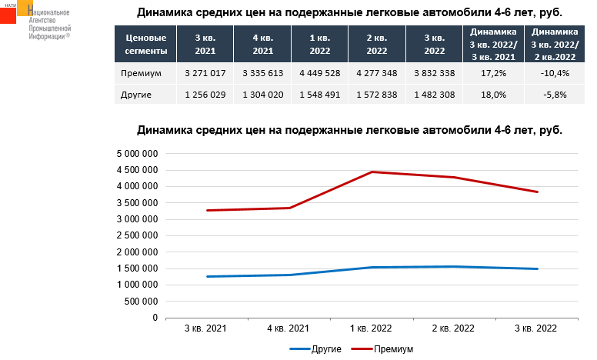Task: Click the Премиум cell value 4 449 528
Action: tap(319, 72)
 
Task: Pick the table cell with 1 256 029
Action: tap(205, 95)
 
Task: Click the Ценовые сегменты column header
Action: tap(145, 44)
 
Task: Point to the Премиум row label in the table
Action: tap(141, 72)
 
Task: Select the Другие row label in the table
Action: tap(136, 95)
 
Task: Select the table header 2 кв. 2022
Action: tap(376, 44)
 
